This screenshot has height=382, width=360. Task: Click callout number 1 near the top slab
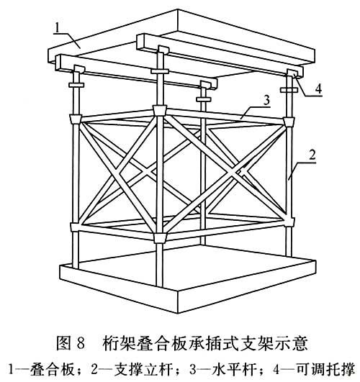(57, 28)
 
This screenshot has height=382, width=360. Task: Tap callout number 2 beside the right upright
(312, 155)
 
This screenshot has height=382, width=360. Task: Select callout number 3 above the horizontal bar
(267, 100)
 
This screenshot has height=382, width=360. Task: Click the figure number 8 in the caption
(81, 342)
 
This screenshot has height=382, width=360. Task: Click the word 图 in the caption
(63, 342)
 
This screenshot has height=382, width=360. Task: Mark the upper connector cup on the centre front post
(160, 110)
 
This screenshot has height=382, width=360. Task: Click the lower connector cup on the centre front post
(160, 238)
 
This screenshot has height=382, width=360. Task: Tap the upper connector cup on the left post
(76, 119)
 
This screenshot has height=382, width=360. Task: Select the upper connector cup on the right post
(289, 122)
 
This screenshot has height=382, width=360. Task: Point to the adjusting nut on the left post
(76, 85)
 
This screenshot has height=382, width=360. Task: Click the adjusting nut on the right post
(289, 90)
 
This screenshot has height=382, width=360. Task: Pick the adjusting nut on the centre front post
(160, 71)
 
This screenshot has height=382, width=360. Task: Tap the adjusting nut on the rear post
(204, 99)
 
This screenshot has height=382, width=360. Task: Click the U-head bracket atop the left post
(78, 69)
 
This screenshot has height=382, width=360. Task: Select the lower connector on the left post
(76, 227)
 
